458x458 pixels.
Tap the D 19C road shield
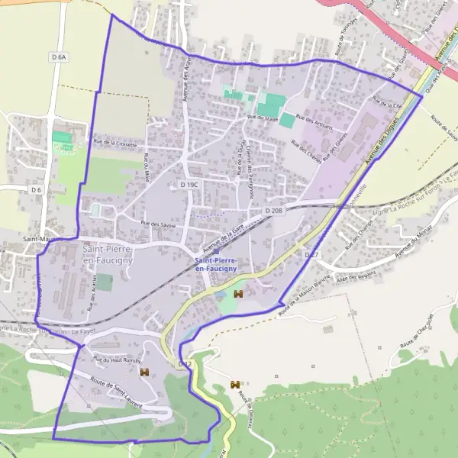click(x=189, y=185)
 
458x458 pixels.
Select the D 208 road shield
click(x=275, y=210)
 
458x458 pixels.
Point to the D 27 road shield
click(x=311, y=253)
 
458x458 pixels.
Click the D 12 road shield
click(x=185, y=365)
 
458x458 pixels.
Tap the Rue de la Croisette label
click(x=114, y=143)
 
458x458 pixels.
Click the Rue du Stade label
click(x=262, y=118)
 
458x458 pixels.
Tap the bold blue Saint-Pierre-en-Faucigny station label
click(x=216, y=265)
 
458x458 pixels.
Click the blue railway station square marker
click(x=216, y=250)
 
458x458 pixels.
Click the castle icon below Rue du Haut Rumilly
click(x=144, y=372)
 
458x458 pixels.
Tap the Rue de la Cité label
click(x=387, y=102)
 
